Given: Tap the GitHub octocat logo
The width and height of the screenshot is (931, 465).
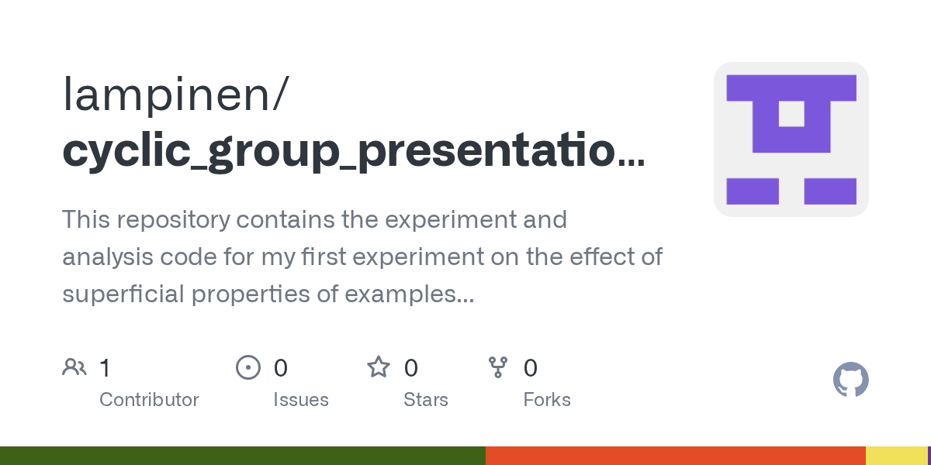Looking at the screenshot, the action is [851, 380].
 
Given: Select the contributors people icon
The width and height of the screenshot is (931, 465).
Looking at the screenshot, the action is [74, 367].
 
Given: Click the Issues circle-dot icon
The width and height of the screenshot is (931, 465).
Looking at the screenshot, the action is [248, 367].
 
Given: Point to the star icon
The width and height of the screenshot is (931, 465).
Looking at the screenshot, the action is [379, 367].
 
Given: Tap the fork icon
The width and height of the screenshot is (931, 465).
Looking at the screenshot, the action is [498, 367].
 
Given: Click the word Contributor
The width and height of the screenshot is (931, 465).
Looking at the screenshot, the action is [149, 400].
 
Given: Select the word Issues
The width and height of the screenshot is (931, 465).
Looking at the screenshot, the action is [301, 400].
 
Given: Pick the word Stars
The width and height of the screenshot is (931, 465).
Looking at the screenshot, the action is [426, 400].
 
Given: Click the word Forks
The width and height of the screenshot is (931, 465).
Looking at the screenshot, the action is [547, 400].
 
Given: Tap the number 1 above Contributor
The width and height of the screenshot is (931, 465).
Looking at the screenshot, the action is [105, 368].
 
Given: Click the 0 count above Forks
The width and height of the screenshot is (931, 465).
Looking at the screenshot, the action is [531, 368].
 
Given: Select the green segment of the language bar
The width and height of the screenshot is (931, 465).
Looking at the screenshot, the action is [243, 456].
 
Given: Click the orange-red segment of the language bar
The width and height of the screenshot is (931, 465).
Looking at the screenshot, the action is [676, 456].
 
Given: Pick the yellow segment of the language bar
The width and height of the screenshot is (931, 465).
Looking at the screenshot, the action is [897, 456].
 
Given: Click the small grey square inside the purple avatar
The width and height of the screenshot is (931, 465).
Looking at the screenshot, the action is [791, 114].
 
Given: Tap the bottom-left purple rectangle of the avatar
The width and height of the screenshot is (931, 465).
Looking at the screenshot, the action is [753, 191].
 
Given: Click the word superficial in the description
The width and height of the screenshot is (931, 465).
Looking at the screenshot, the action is [123, 294].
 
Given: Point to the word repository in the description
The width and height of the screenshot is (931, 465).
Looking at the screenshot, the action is [173, 220].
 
